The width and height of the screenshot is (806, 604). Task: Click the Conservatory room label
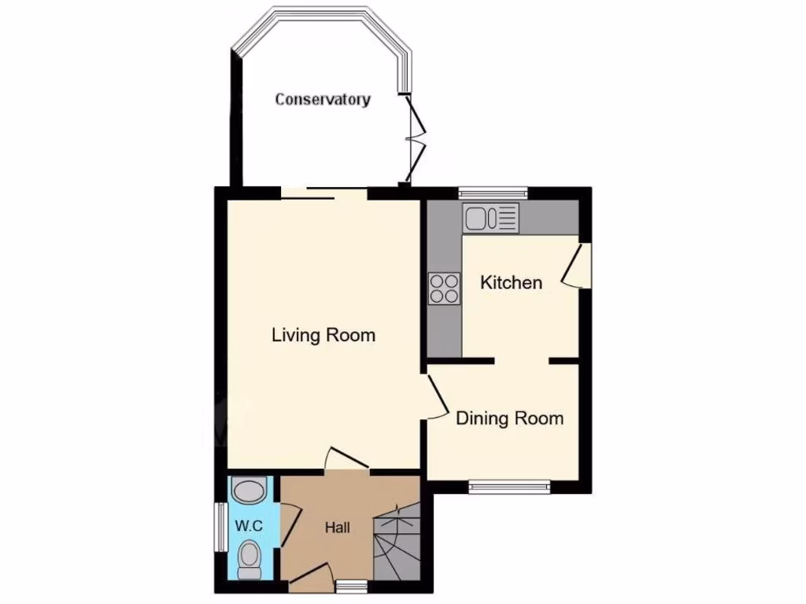(323, 100)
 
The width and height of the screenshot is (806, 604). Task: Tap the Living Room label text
(324, 335)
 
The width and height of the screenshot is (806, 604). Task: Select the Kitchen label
(512, 282)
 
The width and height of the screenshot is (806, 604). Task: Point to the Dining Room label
(510, 418)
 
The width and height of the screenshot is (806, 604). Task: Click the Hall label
(338, 528)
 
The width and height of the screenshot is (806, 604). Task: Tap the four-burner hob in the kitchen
(445, 288)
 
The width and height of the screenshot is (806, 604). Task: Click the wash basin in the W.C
(250, 492)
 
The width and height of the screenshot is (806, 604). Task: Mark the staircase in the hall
(397, 543)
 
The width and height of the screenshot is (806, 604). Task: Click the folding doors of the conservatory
(416, 138)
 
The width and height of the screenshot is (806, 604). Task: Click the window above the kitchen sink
(493, 191)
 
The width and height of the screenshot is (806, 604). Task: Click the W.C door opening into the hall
(289, 526)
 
